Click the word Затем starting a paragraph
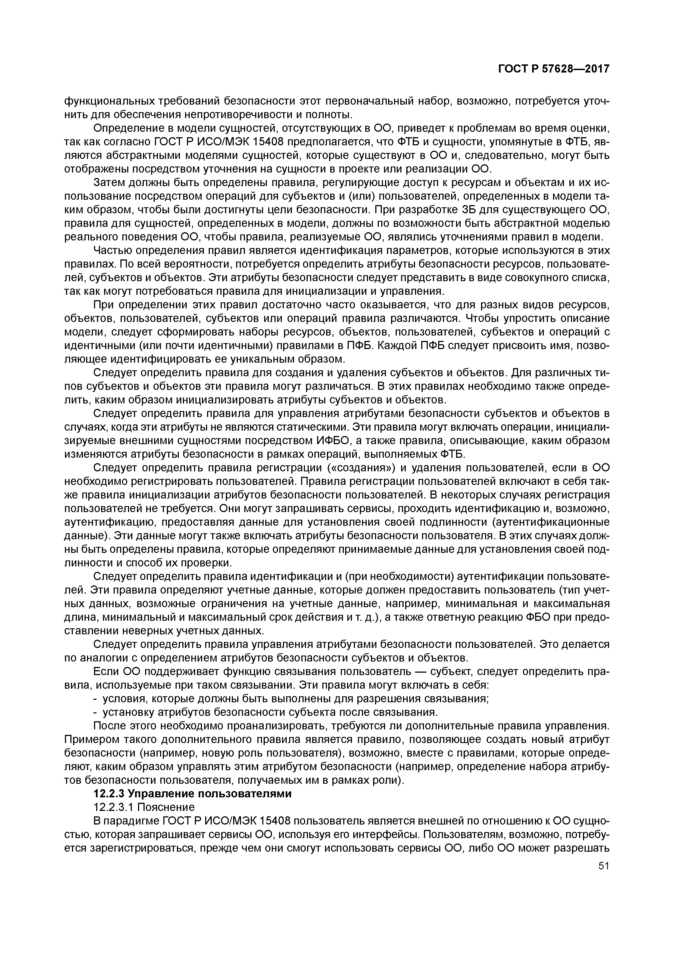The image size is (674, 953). point(111,183)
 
